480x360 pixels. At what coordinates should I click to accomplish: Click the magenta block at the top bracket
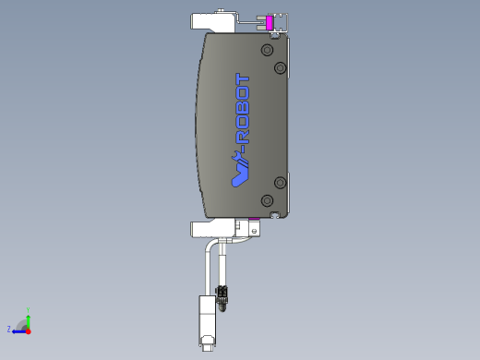click(270, 23)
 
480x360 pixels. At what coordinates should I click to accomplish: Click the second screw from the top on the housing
click(281, 67)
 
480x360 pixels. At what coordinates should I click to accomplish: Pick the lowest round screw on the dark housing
click(268, 200)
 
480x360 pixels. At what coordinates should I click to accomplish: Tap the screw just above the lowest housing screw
click(281, 182)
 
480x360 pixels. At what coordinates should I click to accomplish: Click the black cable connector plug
click(222, 295)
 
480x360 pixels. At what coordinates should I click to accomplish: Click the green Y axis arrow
click(29, 317)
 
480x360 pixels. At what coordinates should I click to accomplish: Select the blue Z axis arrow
click(18, 330)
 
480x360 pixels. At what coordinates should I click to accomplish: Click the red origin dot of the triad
click(29, 330)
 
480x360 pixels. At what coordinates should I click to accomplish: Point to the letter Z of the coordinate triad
click(9, 330)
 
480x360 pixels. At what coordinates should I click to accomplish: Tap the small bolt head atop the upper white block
click(222, 10)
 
